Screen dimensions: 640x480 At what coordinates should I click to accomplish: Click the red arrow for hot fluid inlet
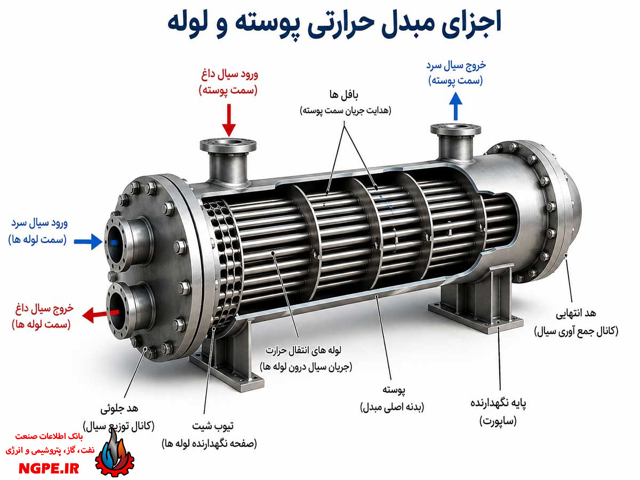pos(229,120)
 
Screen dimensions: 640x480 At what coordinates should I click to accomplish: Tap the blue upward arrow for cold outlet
pos(455,106)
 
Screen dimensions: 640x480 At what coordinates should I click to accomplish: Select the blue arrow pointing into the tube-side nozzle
pos(88,241)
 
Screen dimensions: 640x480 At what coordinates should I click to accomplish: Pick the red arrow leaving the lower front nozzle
pos(101,315)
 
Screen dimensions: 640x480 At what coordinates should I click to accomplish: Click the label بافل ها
pos(344,94)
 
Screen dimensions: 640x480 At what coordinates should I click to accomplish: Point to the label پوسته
pos(394,390)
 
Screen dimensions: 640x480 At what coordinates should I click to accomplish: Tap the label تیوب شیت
pos(213,426)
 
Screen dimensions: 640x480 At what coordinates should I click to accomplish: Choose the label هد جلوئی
pos(119,409)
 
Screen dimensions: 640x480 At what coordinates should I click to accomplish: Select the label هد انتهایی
pos(576,313)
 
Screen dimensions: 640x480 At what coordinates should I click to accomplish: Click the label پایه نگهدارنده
pos(498,403)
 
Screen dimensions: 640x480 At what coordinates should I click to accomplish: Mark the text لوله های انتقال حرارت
pos(303,350)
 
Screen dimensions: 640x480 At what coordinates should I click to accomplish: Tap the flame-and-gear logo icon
pos(115,454)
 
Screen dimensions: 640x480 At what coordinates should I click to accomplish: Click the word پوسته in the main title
pos(324,24)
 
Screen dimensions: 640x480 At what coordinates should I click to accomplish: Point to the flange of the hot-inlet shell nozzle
pos(228,145)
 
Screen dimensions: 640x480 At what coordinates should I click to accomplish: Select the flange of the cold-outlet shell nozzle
pos(455,129)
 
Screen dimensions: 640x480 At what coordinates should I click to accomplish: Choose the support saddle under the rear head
pos(475,300)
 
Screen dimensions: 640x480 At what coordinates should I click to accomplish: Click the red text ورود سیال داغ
pos(229,75)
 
